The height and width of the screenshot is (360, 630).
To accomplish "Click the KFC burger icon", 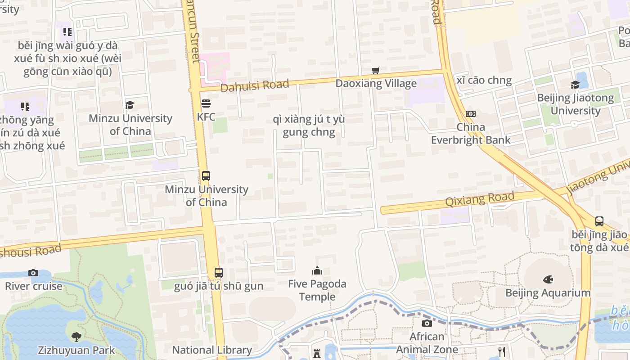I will pos(206,104).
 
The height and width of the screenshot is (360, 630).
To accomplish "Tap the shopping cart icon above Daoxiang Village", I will pos(376,70).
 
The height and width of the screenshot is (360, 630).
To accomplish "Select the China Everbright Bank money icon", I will pos(471,114).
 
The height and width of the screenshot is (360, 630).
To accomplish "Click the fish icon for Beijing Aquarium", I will pos(548,279).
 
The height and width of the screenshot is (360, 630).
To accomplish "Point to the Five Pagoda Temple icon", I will pos(317,270).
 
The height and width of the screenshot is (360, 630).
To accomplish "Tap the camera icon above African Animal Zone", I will pos(427,323).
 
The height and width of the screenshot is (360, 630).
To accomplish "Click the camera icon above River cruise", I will pos(33,273).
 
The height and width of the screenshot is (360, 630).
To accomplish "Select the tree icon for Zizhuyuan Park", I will pos(76,337).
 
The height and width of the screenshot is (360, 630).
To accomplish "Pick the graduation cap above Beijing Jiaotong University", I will pos(575,85).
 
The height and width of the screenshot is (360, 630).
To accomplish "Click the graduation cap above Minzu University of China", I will pos(130,105).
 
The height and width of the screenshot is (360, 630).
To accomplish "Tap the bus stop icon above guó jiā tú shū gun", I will pos(218,272).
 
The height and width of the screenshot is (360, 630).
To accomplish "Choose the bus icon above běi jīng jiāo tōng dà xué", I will pos(599,221).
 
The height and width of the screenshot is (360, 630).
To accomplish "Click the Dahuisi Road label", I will pos(254,85).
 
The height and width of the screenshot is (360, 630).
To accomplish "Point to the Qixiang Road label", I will pos(479,198).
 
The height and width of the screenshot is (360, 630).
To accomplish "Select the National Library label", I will pos(212,350).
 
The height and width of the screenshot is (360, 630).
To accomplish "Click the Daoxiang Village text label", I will pos(376,83).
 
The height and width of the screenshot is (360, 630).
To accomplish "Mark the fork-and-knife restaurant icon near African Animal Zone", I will pos(502,351).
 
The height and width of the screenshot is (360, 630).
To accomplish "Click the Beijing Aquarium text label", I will pos(548,293).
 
